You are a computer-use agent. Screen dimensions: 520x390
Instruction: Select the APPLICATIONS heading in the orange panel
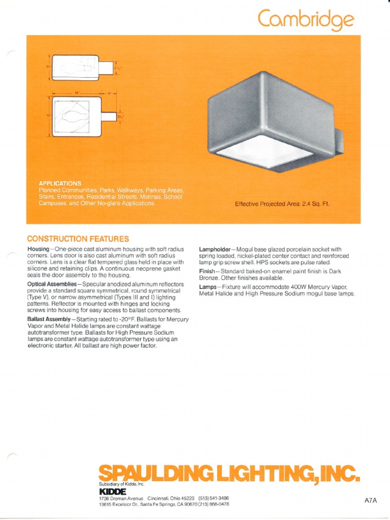(60, 183)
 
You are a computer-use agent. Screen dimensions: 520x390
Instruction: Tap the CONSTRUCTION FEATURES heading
(78, 239)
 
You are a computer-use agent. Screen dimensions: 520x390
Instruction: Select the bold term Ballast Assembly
(49, 319)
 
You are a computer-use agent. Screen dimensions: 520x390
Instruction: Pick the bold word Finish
(207, 272)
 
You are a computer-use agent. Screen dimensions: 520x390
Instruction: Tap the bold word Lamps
(208, 287)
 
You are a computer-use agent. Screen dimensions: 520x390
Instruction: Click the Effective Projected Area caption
(282, 204)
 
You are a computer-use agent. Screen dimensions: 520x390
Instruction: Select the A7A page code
(371, 500)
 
